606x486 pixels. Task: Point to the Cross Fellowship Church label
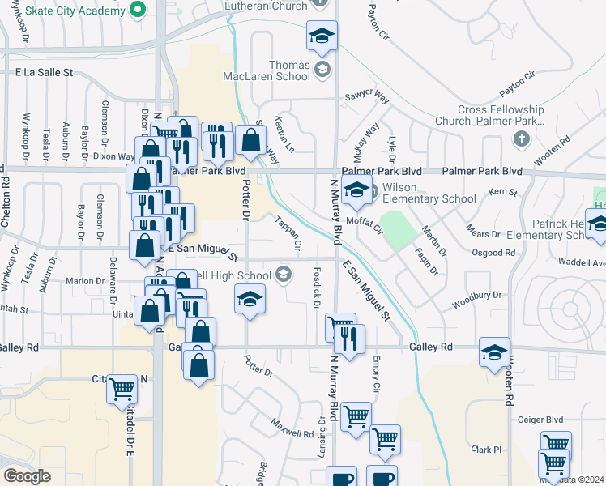point(501,115)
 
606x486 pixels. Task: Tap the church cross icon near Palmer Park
point(521,138)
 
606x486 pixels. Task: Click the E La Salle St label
point(44,72)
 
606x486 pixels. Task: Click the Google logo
point(27,476)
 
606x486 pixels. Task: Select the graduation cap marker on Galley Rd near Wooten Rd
point(494,352)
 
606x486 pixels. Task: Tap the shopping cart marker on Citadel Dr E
point(122,390)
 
